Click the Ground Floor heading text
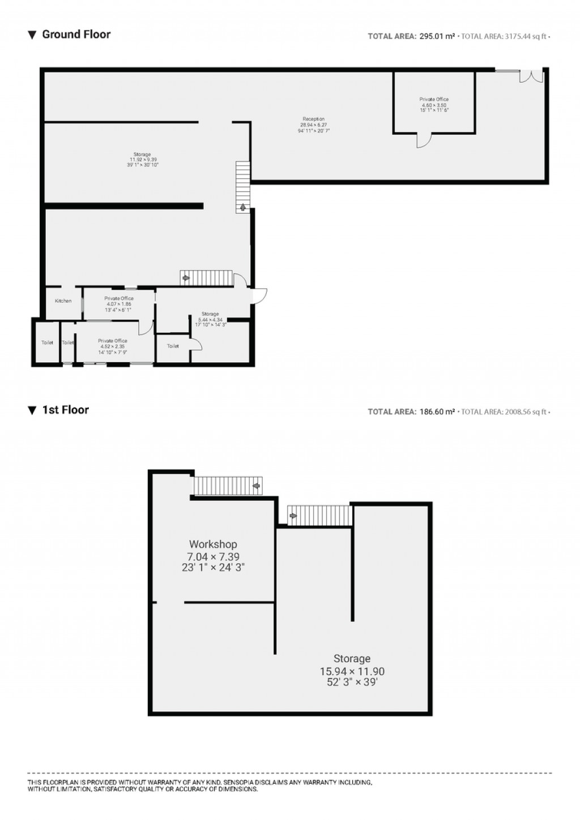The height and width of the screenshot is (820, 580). click(76, 35)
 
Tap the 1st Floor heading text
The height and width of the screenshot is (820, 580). click(65, 410)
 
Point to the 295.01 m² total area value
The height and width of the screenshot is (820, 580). click(437, 37)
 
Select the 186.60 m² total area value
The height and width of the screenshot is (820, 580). click(437, 412)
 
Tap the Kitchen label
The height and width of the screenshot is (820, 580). click(63, 301)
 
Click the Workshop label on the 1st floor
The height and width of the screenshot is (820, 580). click(213, 544)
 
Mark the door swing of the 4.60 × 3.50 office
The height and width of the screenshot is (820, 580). click(424, 140)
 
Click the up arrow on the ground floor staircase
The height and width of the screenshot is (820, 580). click(243, 207)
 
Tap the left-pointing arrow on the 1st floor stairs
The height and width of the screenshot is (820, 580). click(257, 485)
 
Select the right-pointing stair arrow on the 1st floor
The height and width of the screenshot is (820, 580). click(293, 516)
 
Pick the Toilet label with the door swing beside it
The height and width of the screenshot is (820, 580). click(173, 346)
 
